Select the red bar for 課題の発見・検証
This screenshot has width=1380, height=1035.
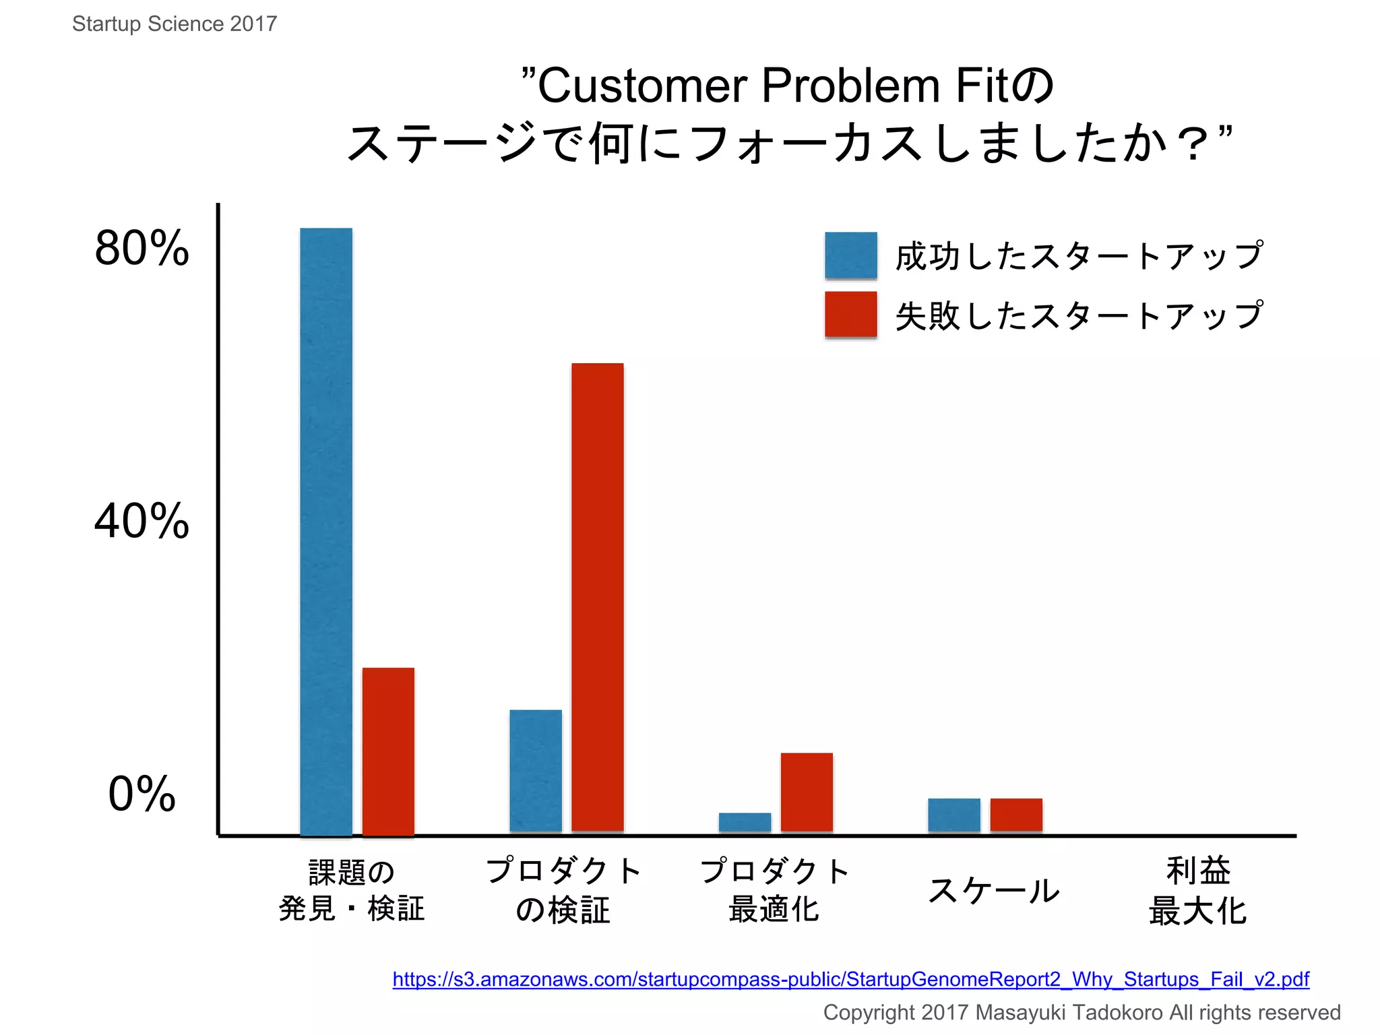[388, 751]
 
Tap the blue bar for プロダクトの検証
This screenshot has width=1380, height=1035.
[536, 771]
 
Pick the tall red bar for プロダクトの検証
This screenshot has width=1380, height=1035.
[598, 597]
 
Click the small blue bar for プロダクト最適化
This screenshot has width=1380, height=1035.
[745, 822]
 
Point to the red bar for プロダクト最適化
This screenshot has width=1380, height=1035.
[807, 792]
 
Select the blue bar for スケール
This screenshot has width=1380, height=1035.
[954, 815]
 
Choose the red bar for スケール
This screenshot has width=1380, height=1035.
[1016, 815]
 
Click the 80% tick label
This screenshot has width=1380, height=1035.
[142, 248]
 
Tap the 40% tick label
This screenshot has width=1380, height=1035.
[142, 521]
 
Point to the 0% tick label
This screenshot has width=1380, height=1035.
[142, 794]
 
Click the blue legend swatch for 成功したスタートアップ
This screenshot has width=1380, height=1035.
[851, 255]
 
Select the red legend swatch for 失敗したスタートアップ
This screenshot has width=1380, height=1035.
[851, 314]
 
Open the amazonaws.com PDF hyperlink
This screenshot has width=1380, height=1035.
[850, 979]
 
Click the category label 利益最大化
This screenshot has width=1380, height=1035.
[1198, 891]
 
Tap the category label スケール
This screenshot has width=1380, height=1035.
[993, 891]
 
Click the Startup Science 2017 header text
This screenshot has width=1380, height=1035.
[175, 24]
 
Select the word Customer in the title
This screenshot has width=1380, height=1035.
[643, 86]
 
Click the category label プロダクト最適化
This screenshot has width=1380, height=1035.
[775, 891]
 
